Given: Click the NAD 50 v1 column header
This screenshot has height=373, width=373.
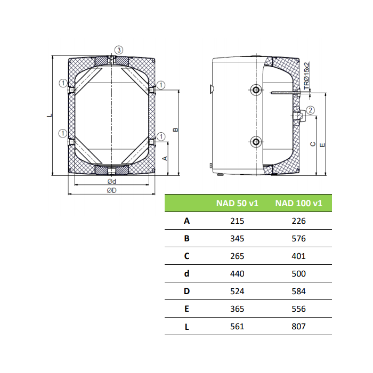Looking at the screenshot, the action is (237, 203).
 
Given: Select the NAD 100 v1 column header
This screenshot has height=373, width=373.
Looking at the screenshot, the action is (298, 203).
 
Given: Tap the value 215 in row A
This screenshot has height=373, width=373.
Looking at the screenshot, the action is (237, 221).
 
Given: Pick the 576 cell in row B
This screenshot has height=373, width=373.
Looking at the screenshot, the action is (298, 239).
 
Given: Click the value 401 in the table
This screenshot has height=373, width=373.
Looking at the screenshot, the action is (298, 256).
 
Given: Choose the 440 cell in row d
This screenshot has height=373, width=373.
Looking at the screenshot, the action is (237, 274).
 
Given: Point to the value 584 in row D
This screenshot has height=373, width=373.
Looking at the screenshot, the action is (298, 291).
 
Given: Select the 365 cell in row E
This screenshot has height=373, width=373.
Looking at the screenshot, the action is (237, 309).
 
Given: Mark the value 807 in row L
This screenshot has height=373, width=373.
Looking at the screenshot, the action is (298, 327).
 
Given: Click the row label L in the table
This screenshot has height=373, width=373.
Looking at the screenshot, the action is (187, 327).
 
